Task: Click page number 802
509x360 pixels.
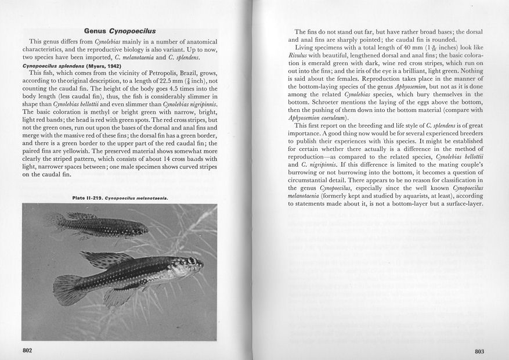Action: (x=27, y=350)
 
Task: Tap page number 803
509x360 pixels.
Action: (x=479, y=351)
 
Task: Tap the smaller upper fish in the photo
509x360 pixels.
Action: (x=96, y=224)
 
